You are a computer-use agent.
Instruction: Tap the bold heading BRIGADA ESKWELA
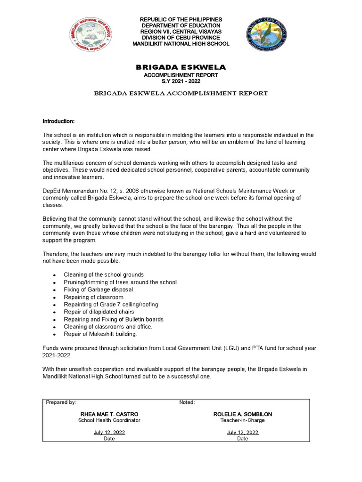(x=181, y=68)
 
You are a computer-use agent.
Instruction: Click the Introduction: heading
(x=58, y=121)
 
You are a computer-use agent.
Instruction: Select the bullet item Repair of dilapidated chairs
(x=99, y=312)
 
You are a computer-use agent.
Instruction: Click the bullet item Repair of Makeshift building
(x=100, y=334)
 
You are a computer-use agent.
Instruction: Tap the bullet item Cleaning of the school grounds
(x=104, y=274)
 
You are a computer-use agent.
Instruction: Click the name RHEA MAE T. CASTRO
(x=109, y=414)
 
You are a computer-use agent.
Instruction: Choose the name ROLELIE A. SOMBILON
(x=242, y=414)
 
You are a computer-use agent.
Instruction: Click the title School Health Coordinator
(x=109, y=420)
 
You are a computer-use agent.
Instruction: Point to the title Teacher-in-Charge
(x=242, y=420)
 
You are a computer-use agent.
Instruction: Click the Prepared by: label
(x=61, y=402)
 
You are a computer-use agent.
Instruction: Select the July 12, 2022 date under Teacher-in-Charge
(x=242, y=432)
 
